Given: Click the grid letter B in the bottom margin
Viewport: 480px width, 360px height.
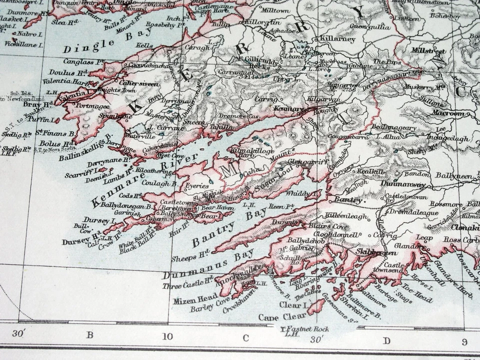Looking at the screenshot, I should click(x=90, y=334).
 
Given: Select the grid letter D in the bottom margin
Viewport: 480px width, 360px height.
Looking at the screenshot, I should click(x=386, y=340).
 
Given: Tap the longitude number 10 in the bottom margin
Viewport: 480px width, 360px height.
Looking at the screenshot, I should click(x=167, y=336).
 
